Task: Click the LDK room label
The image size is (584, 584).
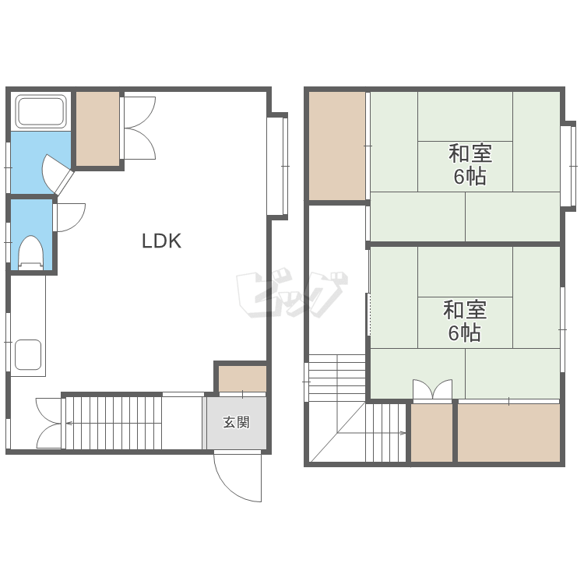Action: pyautogui.click(x=162, y=241)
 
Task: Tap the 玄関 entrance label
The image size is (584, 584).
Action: pyautogui.click(x=236, y=422)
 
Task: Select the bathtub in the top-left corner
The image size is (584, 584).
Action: pyautogui.click(x=40, y=111)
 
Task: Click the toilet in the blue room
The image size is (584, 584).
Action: pyautogui.click(x=31, y=252)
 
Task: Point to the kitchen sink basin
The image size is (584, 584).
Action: pyautogui.click(x=28, y=354)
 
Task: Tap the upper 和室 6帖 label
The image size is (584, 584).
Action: pyautogui.click(x=470, y=164)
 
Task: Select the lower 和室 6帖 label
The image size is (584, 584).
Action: pyautogui.click(x=465, y=321)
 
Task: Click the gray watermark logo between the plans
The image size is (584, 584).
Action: pyautogui.click(x=292, y=294)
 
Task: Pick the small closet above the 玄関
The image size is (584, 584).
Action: pyautogui.click(x=242, y=378)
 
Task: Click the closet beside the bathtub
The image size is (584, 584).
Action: pyautogui.click(x=98, y=128)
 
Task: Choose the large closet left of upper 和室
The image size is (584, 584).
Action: pyautogui.click(x=337, y=146)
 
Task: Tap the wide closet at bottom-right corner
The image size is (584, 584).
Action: pyautogui.click(x=508, y=433)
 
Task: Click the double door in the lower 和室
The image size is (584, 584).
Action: pyautogui.click(x=432, y=389)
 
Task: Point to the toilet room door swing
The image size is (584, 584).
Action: pyautogui.click(x=71, y=218)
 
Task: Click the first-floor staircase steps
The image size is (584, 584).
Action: pyautogui.click(x=114, y=423)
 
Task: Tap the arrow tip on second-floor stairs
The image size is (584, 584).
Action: pyautogui.click(x=405, y=433)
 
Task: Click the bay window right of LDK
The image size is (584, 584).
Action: pyautogui.click(x=278, y=166)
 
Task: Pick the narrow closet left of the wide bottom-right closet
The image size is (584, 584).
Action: pyautogui.click(x=431, y=433)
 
